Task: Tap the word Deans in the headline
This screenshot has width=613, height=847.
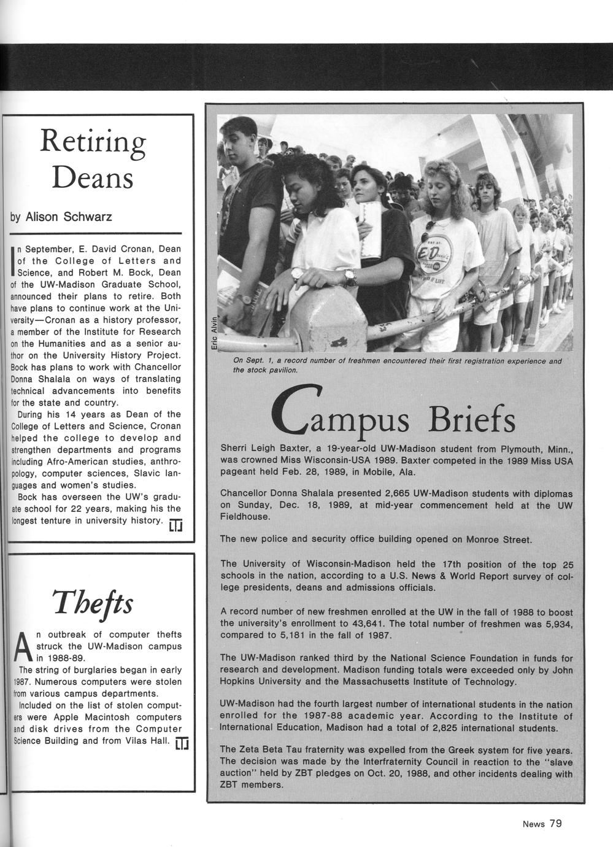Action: [93, 178]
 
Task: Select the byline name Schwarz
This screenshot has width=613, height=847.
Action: [86, 217]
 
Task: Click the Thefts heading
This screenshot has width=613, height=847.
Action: [92, 604]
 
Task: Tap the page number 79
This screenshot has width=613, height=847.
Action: [555, 824]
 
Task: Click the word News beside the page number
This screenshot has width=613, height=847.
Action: [533, 824]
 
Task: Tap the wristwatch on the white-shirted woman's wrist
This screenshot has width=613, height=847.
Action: [298, 273]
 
